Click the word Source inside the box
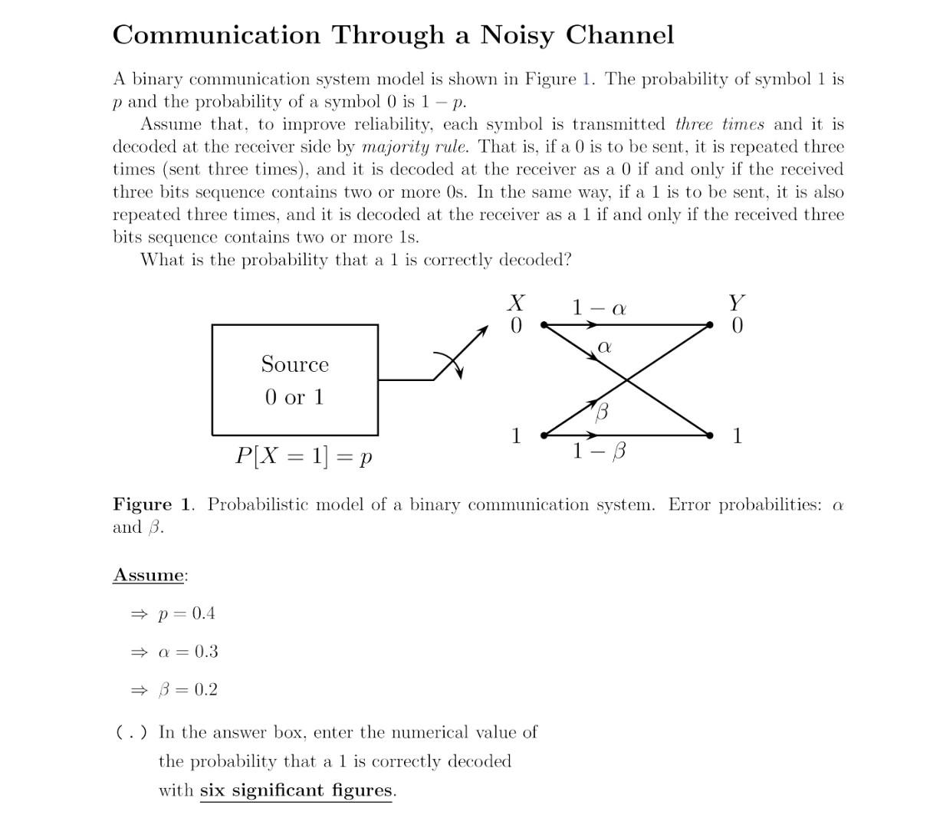point(294,364)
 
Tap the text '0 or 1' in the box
point(294,397)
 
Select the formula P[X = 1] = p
point(304,456)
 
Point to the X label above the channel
point(517,303)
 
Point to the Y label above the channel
point(737,303)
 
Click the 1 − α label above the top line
point(599,308)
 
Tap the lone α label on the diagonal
point(604,347)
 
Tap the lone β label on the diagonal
point(602,412)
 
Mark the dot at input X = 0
point(544,325)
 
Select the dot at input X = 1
point(544,435)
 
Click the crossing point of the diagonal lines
point(628,380)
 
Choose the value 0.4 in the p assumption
point(203,613)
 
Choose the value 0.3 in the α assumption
point(205,652)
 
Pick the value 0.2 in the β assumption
point(205,690)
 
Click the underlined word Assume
point(149,575)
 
